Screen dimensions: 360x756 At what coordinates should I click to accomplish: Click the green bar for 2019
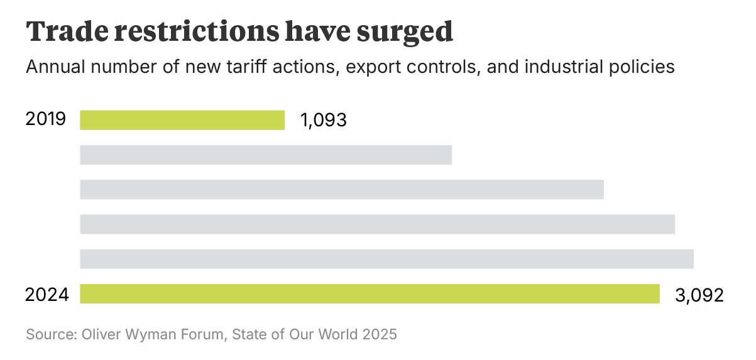tap(182, 120)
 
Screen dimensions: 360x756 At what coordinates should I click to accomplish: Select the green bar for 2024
tap(370, 294)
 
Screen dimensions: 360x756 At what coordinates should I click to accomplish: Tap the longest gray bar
tap(386, 259)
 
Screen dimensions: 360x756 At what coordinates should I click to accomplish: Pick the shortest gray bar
tap(266, 155)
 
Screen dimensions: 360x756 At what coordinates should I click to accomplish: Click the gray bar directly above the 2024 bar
tap(386, 259)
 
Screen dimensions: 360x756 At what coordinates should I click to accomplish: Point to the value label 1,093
tap(324, 120)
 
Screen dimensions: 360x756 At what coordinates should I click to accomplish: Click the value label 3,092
tap(699, 295)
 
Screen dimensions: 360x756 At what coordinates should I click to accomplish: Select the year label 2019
tap(46, 119)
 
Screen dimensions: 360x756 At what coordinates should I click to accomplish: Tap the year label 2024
tap(47, 294)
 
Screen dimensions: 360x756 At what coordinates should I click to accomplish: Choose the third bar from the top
tap(342, 189)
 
